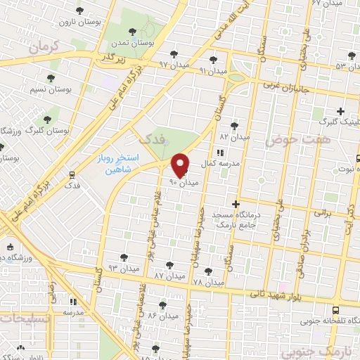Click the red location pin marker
click(181, 165)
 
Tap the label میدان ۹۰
click(184, 182)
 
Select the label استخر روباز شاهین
click(117, 164)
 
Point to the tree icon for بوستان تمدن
click(133, 32)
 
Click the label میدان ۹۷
click(173, 65)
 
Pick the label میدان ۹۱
click(213, 71)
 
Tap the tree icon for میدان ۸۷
click(168, 265)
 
